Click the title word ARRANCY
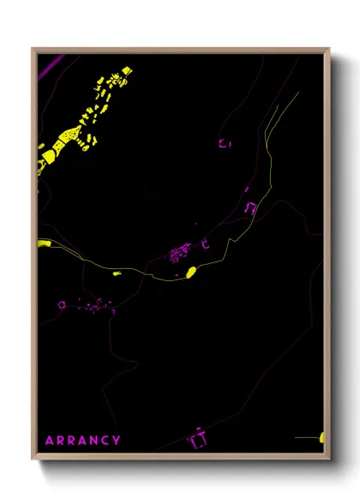83,440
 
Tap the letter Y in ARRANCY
117,440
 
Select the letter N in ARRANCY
92,440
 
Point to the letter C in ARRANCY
105,440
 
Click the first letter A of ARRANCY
50,440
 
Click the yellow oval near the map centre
191,273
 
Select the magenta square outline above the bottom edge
199,440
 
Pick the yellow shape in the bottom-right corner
322,437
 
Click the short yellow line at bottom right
306,437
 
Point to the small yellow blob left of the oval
117,272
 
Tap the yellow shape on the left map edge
43,244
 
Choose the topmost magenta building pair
225,143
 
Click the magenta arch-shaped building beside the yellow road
250,207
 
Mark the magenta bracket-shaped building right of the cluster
204,245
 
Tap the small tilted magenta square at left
61,304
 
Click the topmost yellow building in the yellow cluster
127,70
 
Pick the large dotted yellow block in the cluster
64,137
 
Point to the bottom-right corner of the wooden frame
329,459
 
